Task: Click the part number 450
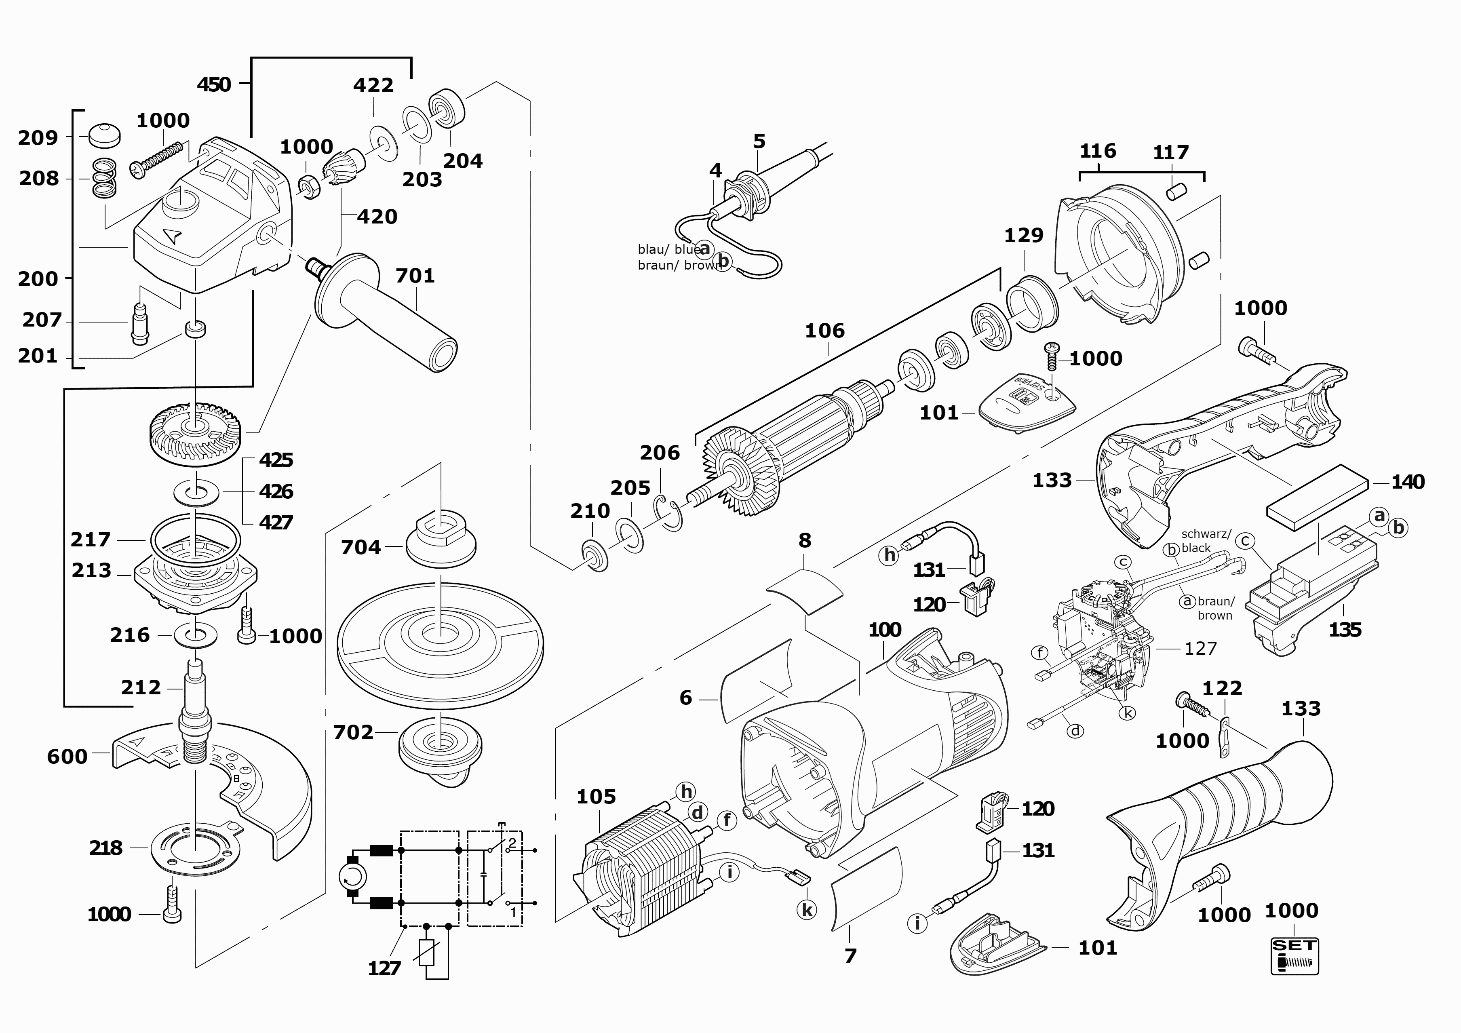point(214,84)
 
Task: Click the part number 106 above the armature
point(825,331)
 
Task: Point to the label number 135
point(1345,630)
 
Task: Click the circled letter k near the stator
point(807,910)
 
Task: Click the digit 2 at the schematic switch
point(512,843)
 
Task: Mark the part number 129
point(1023,236)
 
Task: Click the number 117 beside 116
point(1171,153)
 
